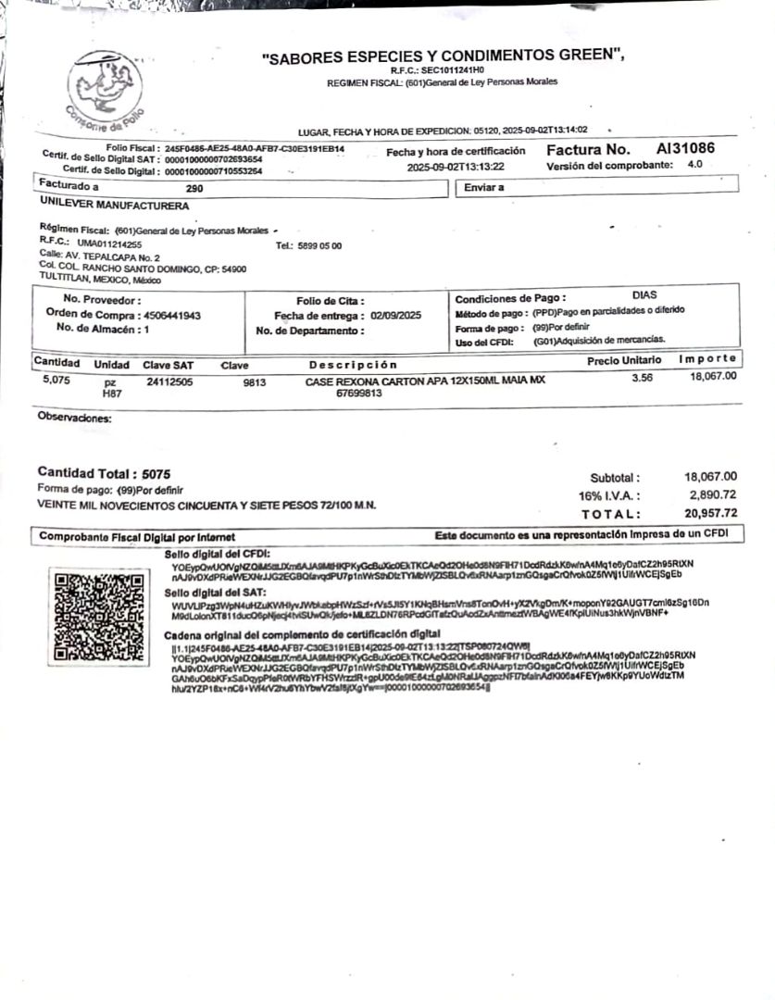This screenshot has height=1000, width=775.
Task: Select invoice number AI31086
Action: point(685,149)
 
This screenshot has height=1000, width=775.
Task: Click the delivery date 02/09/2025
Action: point(395,316)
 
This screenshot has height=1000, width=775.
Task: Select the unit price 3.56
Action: point(643,378)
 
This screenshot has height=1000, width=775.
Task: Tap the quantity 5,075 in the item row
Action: point(56,378)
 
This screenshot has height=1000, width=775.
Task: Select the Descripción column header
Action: point(353,365)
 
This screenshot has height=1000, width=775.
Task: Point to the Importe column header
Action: point(707,358)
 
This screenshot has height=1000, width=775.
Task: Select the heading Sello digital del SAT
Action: point(215,592)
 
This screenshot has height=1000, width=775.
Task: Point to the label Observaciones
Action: point(74,418)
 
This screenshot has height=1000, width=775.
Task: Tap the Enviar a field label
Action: point(484,187)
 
